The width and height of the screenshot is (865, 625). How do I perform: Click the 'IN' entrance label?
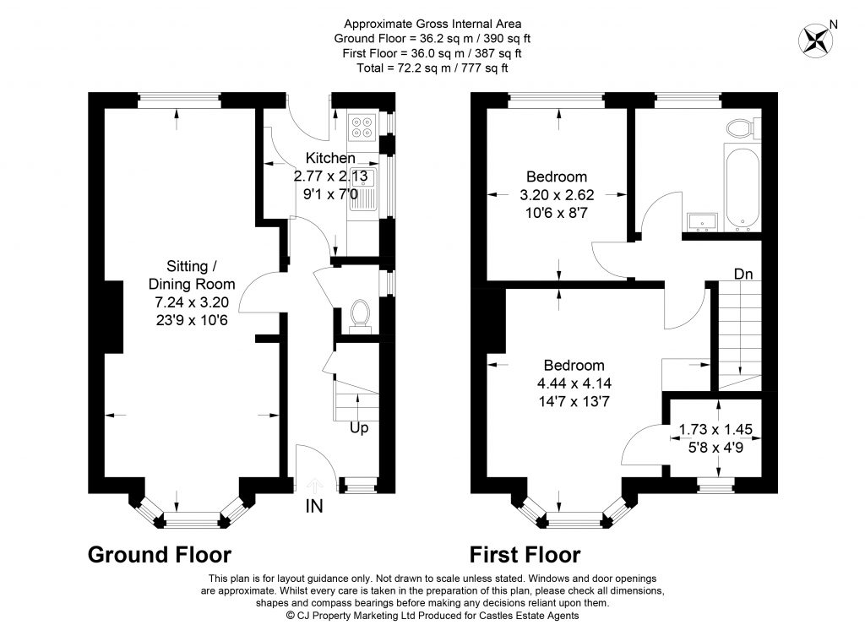314,508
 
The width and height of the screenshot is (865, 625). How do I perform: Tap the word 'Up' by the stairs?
359,428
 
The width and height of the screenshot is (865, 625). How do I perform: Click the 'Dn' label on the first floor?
743,274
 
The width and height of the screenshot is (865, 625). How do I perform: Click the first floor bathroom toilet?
741,128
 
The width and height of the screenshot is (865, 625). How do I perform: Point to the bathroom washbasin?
702,221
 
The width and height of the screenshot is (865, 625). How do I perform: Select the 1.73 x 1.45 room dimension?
715,429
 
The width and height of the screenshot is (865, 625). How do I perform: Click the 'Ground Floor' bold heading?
160,555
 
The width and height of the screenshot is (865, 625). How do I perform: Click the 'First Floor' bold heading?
525,555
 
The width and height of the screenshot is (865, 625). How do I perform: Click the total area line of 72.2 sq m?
432,67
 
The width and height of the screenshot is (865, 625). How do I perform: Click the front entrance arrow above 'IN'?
315,485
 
